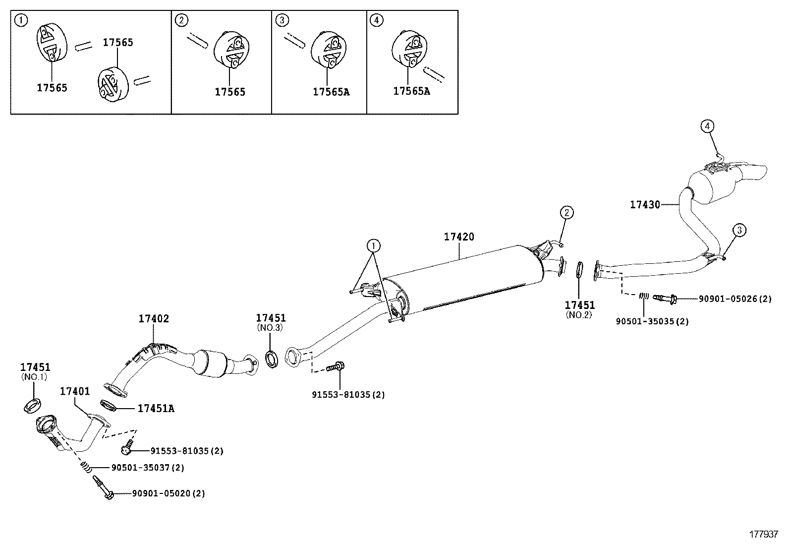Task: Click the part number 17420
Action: (x=458, y=237)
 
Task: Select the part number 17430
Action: (x=645, y=204)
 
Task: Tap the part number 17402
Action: (x=154, y=319)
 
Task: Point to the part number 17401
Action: (x=75, y=391)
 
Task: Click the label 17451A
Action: (x=156, y=409)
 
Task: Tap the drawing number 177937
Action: (x=764, y=535)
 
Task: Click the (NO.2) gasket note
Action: (x=579, y=315)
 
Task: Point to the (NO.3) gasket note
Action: (x=270, y=328)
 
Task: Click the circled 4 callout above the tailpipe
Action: (x=707, y=126)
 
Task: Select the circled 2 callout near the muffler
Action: (x=566, y=213)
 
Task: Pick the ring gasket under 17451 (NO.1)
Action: (x=32, y=406)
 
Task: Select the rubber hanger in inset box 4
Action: (x=409, y=51)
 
